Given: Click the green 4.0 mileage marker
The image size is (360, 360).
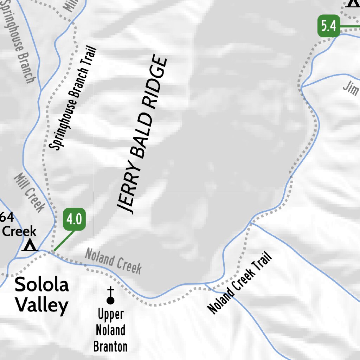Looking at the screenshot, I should point(74,220).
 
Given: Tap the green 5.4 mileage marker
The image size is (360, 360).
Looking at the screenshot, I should point(329,26).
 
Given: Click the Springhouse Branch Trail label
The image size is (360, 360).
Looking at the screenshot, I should point(73,98).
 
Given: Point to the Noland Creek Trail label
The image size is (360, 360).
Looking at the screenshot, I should point(240,283).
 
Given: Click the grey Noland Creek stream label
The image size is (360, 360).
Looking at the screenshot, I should point(113,261).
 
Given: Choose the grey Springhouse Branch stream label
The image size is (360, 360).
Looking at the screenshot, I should point(20,42).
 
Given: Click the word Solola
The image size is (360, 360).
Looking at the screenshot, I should point(41,285).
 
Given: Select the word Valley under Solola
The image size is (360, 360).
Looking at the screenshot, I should point(41,305).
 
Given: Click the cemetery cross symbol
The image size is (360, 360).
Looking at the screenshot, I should point(110,295).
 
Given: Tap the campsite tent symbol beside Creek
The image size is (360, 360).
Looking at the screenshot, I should point(30,245).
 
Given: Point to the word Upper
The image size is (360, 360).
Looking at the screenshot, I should point(110,314).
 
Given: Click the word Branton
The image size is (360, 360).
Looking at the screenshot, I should point(110,347).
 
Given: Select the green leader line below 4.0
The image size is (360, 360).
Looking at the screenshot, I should point(64,241).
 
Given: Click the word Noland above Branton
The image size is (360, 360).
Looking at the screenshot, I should point(110,330).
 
